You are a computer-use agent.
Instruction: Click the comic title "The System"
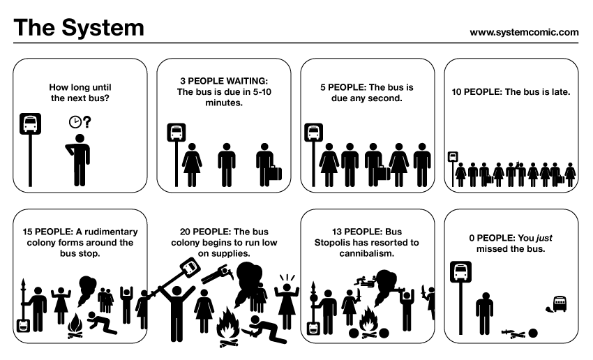click(79, 28)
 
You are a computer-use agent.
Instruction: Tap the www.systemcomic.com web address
click(524, 32)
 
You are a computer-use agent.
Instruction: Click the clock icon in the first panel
click(75, 122)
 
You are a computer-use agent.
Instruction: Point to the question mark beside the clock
click(87, 122)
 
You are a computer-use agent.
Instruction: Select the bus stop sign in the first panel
click(29, 124)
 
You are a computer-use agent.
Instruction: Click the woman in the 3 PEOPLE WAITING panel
click(192, 165)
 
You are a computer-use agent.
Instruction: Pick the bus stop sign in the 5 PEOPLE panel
click(314, 133)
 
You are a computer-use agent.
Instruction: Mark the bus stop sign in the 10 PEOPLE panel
click(453, 156)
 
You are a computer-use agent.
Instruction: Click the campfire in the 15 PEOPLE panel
click(75, 326)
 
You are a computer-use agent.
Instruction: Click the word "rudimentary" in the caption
click(108, 232)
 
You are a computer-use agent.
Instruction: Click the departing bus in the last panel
click(560, 303)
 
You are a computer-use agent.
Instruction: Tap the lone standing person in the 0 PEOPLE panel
click(483, 313)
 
